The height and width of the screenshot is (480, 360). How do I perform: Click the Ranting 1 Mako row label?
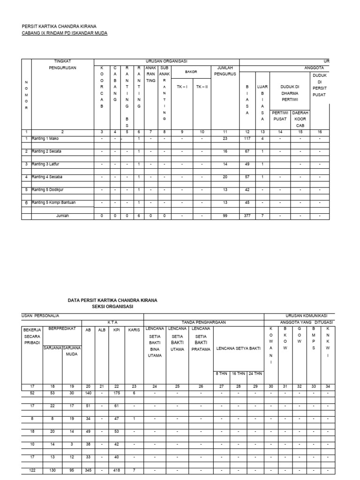point(45,138)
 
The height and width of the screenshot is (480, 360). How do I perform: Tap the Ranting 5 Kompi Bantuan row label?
point(53,202)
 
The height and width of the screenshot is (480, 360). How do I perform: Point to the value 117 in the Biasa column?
point(247,138)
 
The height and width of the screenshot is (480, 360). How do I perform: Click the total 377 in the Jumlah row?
point(247,216)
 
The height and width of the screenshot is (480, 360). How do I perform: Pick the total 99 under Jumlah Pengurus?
point(225,216)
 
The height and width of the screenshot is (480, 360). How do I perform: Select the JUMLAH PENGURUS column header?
point(225,70)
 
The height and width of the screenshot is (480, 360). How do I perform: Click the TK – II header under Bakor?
point(202,87)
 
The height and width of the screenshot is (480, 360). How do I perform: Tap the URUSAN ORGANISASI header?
point(166,61)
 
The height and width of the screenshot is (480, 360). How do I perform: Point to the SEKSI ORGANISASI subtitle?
point(112,306)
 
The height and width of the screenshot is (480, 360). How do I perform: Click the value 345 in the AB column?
point(88,470)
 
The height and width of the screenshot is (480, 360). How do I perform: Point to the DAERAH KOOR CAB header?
point(300,119)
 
